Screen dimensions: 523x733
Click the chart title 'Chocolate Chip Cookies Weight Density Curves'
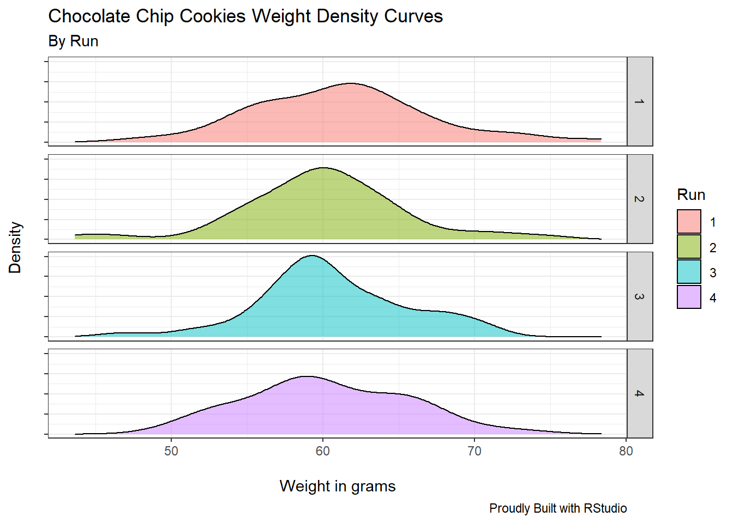pos(245,16)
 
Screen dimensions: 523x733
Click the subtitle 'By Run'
pos(73,41)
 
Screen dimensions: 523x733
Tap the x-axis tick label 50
pos(171,451)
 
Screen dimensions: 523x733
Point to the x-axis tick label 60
pos(323,451)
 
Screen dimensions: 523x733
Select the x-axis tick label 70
pos(474,451)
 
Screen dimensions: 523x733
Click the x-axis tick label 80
pos(626,451)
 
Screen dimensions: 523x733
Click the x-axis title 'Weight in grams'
pos(338,486)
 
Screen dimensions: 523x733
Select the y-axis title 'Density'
pos(15,247)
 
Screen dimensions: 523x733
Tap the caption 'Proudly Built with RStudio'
pos(558,508)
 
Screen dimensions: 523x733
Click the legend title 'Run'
pos(691,194)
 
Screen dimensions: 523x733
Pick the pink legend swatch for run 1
pos(689,222)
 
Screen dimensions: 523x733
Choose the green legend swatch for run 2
pos(689,247)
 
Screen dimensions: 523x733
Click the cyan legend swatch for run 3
pos(689,272)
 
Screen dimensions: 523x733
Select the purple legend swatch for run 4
pos(689,297)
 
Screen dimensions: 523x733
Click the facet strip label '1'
pos(640,102)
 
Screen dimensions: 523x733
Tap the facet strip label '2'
pos(640,199)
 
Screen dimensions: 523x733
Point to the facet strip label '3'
pos(640,296)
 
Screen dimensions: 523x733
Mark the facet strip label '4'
pos(640,393)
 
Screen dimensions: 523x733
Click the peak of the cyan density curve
pos(312,256)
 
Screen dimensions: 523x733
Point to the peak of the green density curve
pos(324,168)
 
